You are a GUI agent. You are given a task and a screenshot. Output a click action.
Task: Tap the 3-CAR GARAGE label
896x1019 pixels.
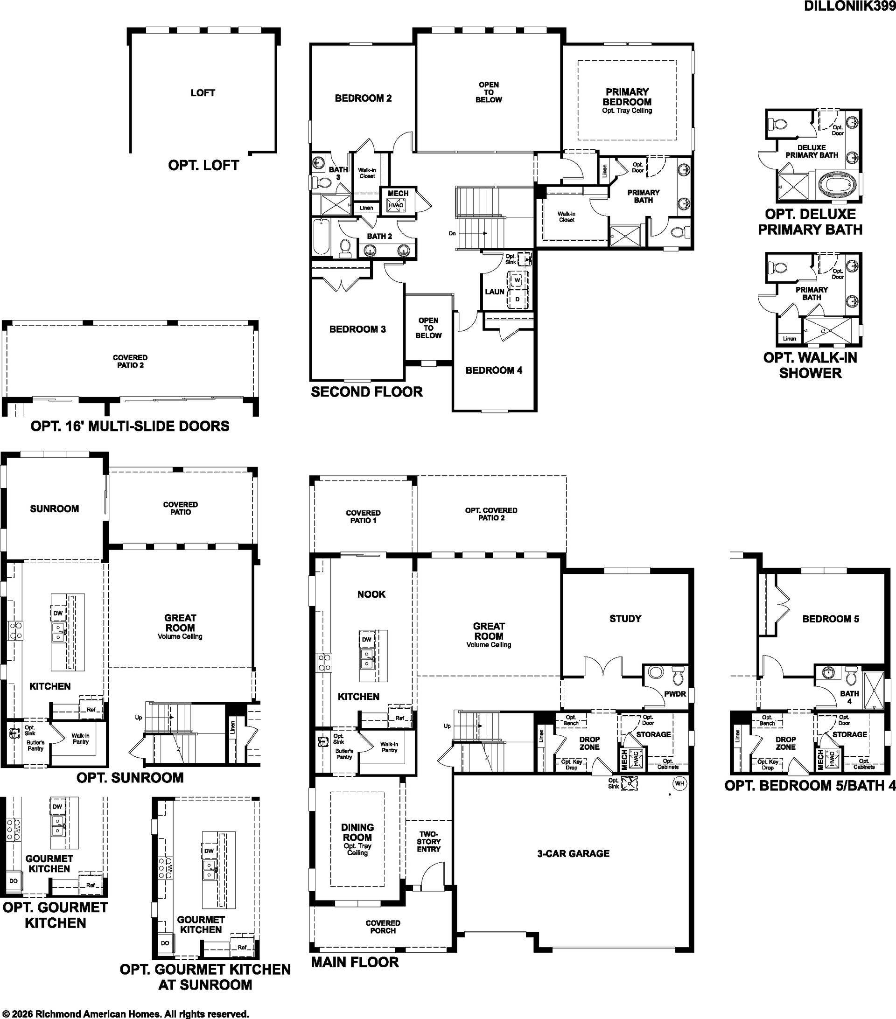point(574,853)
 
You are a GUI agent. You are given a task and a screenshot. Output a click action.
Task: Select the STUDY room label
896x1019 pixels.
point(625,619)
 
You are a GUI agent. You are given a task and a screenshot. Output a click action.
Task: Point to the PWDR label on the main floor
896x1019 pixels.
point(675,694)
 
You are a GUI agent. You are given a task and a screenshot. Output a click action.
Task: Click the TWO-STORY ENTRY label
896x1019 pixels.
point(429,842)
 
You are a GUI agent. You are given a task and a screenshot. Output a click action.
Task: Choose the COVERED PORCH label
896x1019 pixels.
point(383,927)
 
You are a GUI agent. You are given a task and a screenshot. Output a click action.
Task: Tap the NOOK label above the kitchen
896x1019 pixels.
point(371,594)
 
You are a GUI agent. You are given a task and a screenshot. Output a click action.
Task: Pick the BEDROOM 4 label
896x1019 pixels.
point(494,370)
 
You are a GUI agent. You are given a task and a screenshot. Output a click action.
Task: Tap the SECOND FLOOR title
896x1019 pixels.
point(367,392)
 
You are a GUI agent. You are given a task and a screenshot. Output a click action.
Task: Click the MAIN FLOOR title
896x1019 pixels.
point(355,962)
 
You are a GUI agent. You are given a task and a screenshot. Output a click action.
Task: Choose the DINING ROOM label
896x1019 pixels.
point(357,832)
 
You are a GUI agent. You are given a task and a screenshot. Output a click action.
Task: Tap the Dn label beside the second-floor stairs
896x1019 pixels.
point(452,233)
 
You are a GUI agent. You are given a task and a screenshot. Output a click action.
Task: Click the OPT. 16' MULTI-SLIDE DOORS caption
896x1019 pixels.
point(130,426)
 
